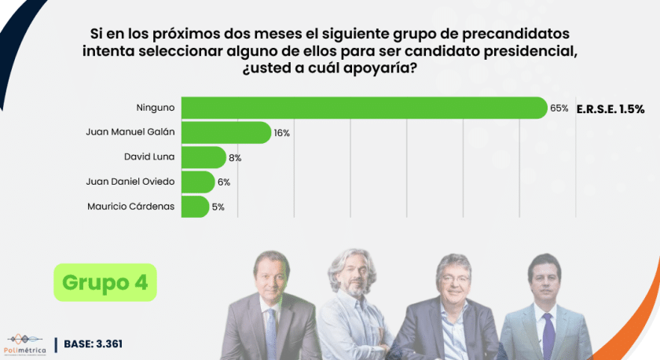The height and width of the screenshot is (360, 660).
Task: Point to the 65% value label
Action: [x=559, y=108]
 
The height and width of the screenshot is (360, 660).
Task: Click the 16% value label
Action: [x=282, y=133]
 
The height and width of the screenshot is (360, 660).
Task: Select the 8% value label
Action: [x=235, y=158]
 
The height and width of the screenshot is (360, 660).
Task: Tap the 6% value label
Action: [x=224, y=182]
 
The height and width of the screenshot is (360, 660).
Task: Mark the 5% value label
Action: [x=218, y=208]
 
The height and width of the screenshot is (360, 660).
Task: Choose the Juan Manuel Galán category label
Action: [x=130, y=133]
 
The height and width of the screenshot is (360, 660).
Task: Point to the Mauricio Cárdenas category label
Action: [x=131, y=207]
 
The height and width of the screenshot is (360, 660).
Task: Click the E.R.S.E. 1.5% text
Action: [x=610, y=108]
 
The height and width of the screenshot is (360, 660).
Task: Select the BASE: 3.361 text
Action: [x=93, y=344]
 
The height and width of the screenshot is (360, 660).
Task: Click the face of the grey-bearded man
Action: [x=350, y=275]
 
